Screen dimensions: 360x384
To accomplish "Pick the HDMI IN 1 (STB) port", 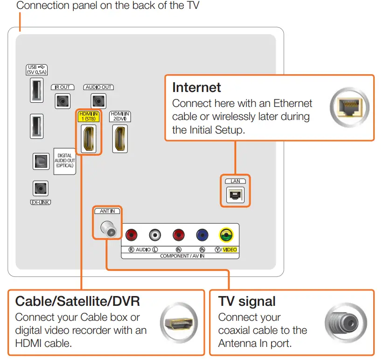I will coord(88,139).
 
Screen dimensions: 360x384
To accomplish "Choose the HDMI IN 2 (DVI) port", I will coord(120,139).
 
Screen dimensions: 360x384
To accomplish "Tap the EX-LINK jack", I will coord(40,189).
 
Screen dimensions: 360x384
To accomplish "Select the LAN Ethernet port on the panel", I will coord(235,195).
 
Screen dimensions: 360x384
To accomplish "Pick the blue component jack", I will coord(202,235).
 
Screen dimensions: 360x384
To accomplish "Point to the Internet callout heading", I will coord(196,87).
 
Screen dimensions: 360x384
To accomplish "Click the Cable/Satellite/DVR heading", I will coord(77,301).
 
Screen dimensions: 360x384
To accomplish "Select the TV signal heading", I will coord(247,301).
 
